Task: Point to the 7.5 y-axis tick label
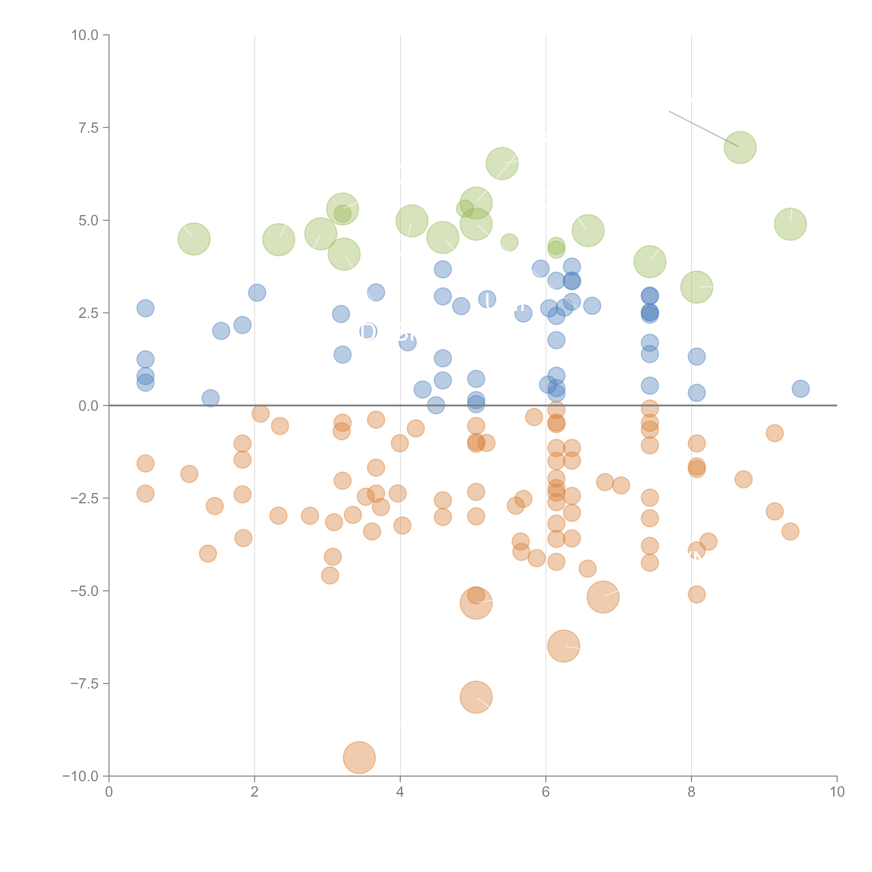point(88,128)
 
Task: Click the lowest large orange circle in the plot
point(359,757)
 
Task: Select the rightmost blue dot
point(800,389)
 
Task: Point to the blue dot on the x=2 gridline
point(257,292)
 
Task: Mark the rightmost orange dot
point(790,531)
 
